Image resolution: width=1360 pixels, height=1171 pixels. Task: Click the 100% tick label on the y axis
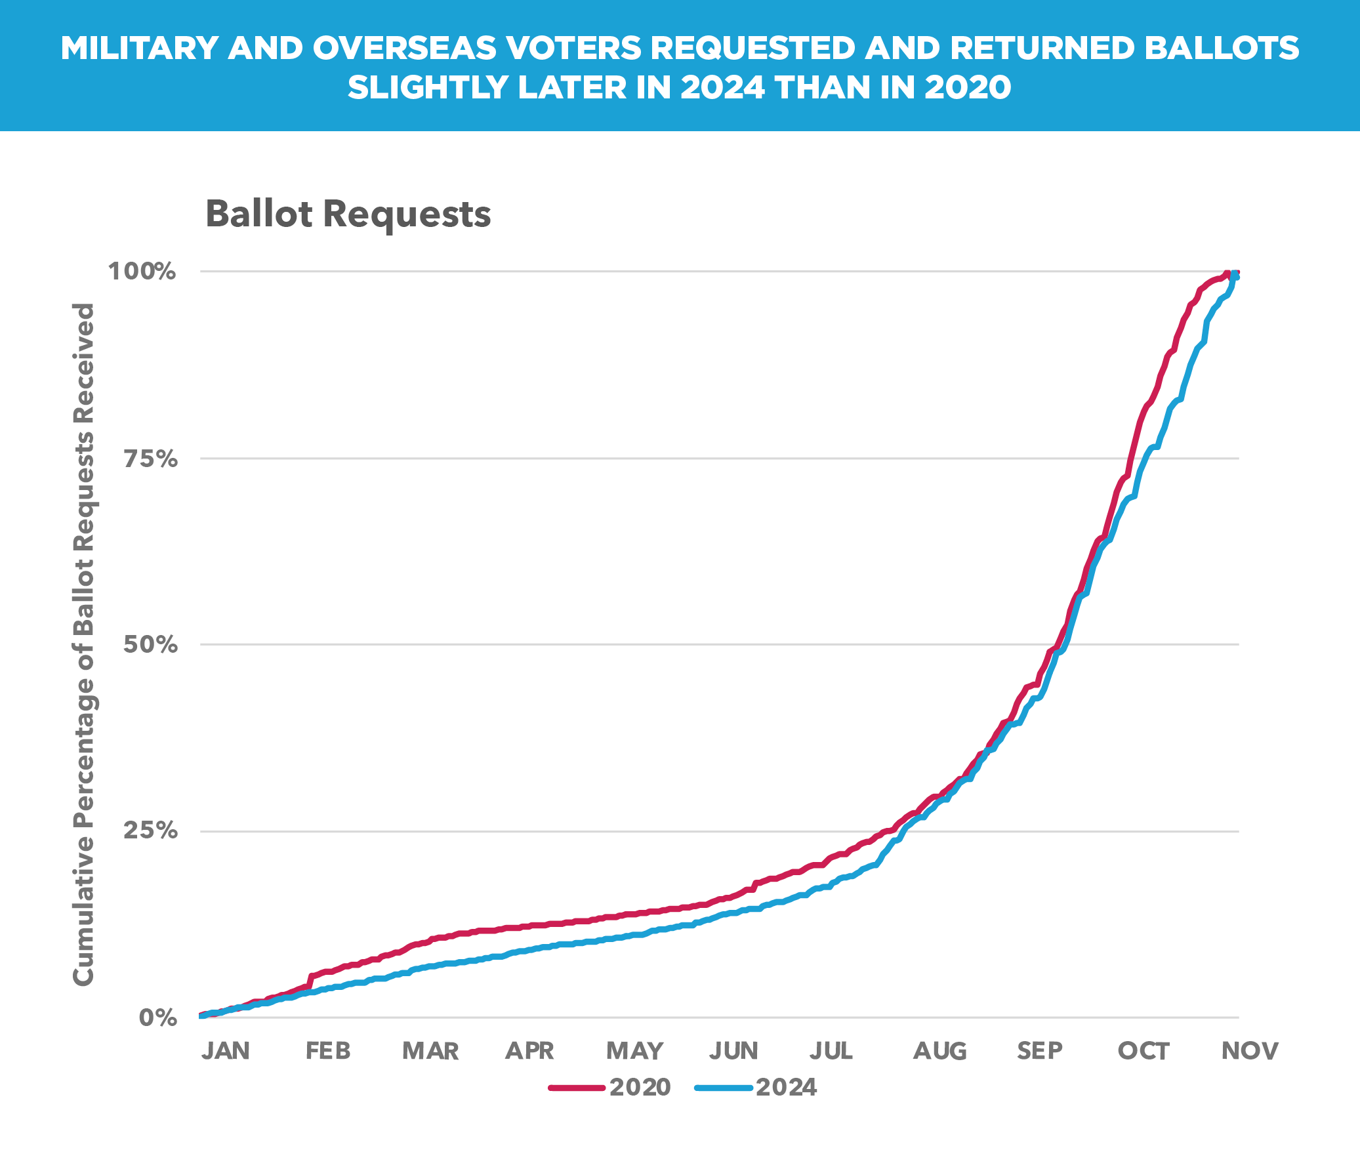(x=142, y=271)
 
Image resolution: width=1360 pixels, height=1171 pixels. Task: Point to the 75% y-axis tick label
(x=151, y=459)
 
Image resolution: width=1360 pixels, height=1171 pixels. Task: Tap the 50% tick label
(x=151, y=645)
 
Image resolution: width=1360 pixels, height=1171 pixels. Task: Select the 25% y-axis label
(x=151, y=831)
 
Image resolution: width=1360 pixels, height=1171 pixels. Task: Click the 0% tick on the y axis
(x=158, y=1018)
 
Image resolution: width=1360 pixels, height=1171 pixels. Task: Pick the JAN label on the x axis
(x=226, y=1051)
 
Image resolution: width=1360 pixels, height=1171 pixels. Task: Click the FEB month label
(x=328, y=1051)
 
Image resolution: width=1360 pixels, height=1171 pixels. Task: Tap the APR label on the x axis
(x=529, y=1051)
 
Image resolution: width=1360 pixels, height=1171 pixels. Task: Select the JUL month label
(x=831, y=1051)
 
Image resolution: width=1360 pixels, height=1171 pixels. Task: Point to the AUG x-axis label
(x=940, y=1051)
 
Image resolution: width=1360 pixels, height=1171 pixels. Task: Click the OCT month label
(x=1144, y=1051)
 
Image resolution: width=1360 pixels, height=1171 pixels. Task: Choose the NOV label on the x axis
(x=1250, y=1051)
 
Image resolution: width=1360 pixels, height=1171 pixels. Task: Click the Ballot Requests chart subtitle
(x=348, y=214)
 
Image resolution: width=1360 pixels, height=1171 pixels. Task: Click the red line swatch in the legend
(x=576, y=1088)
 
